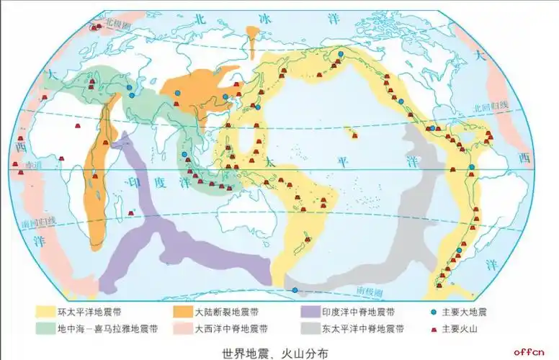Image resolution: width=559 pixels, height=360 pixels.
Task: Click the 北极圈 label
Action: point(116,23)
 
